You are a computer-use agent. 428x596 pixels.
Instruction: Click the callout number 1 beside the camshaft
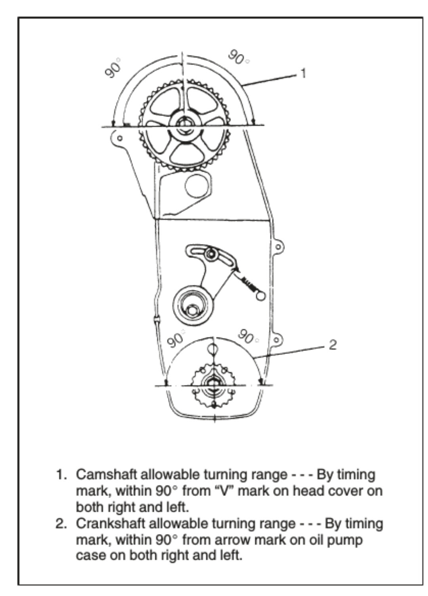[303, 73]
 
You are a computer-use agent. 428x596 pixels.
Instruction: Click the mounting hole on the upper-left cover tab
[119, 138]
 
